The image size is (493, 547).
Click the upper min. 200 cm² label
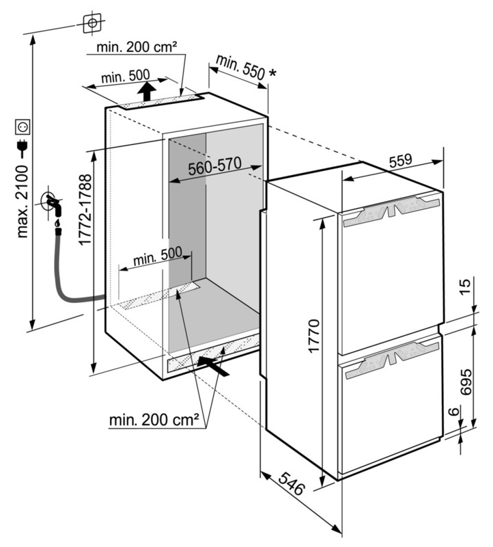[x=137, y=46]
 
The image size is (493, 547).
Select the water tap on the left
[x=52, y=202]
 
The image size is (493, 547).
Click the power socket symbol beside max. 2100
[x=23, y=127]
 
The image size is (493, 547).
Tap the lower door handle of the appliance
[x=391, y=360]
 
